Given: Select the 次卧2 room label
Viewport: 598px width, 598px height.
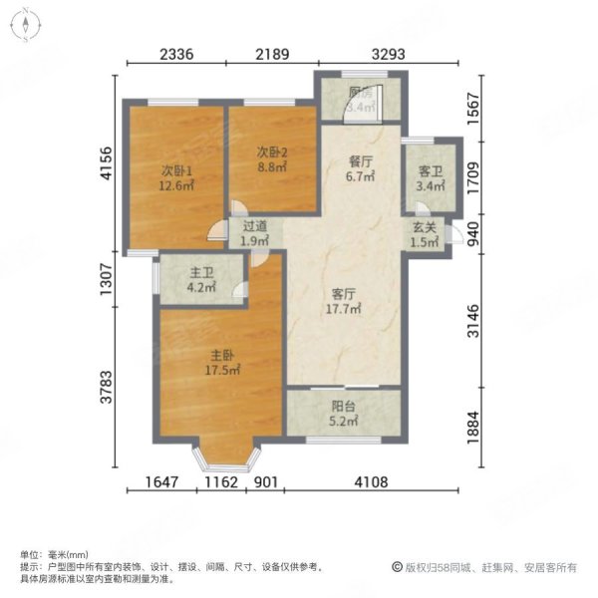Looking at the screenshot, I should pos(272,152).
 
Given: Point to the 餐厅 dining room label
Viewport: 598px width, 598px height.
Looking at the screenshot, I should pos(359,162).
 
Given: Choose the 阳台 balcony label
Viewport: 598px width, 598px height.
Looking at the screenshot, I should pos(344,407).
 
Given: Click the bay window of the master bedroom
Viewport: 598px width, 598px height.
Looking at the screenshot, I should pos(226,453).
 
